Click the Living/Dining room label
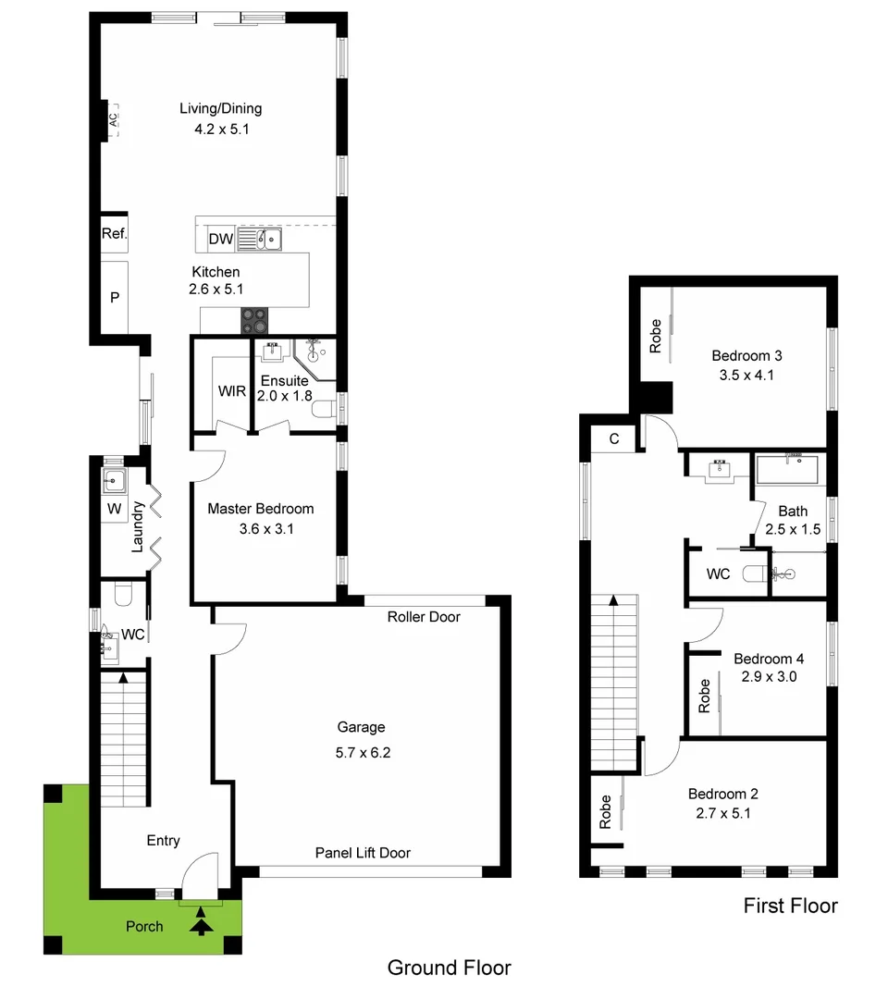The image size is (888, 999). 220,109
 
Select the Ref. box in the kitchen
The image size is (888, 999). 114,235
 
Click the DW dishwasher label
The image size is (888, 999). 220,240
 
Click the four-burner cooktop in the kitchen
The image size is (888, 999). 255,320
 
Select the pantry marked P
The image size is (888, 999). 115,298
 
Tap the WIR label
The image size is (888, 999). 232,391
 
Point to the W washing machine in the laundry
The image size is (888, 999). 115,509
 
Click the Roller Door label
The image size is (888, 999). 424,617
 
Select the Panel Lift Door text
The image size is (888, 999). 363,853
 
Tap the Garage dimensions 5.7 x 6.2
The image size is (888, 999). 364,753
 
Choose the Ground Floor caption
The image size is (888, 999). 449,968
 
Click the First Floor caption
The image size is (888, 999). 790,906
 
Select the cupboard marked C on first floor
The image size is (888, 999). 614,439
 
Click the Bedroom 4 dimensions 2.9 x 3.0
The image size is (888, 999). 769,676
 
